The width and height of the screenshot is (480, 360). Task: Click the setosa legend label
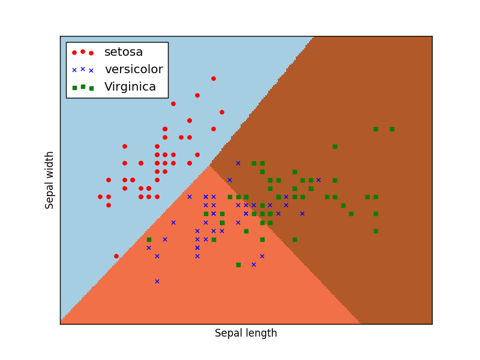[x=124, y=52]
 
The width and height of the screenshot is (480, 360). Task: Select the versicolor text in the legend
[x=133, y=70]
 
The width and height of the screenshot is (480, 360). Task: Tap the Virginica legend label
[x=130, y=87]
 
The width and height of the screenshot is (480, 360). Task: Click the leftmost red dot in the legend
[x=74, y=53]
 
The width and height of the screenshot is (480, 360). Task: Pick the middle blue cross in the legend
[x=83, y=69]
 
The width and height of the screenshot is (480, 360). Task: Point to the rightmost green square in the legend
[x=91, y=88]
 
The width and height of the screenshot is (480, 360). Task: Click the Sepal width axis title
[x=50, y=180]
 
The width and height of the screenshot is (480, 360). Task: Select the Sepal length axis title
[x=246, y=334]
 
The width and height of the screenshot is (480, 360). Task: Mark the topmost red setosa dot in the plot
[x=213, y=79]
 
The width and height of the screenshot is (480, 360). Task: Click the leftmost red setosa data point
[x=100, y=197]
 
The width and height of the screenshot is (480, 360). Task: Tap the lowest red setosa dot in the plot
[x=116, y=256]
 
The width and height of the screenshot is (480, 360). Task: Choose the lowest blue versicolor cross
[x=157, y=281]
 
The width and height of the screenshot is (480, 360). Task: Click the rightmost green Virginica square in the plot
[x=392, y=129]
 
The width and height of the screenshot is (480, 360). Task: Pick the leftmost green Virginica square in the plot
[x=149, y=239]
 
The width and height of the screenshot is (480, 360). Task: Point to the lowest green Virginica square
[x=238, y=265]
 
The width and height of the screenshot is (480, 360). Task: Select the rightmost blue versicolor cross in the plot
[x=319, y=180]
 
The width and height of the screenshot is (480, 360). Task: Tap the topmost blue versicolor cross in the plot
[x=238, y=163]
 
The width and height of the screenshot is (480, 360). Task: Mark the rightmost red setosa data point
[x=222, y=112]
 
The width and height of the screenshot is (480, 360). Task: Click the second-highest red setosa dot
[x=197, y=95]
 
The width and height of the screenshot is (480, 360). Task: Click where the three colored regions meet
[x=209, y=167]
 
